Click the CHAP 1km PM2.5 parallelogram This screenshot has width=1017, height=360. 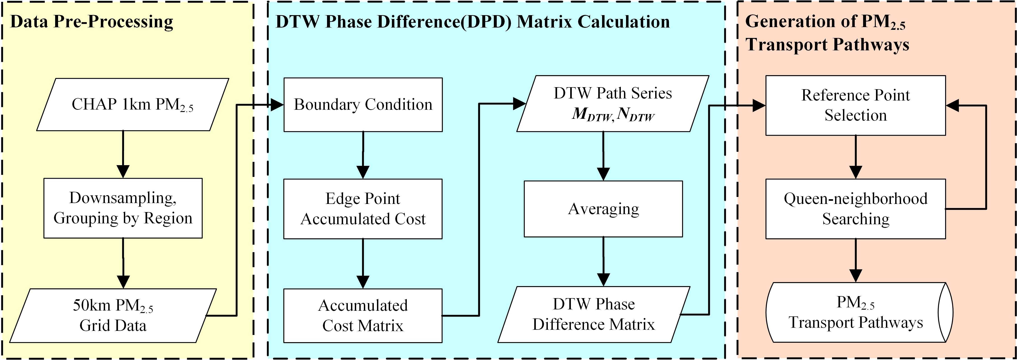[133, 105]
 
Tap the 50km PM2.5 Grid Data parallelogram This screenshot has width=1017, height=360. [113, 315]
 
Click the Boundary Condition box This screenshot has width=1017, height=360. [363, 105]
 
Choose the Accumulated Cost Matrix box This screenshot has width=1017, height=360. [363, 315]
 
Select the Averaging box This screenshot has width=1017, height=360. [603, 209]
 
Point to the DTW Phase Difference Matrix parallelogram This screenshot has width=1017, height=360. [594, 314]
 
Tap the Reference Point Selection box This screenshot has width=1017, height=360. [856, 105]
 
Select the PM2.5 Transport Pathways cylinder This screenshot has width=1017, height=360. [856, 312]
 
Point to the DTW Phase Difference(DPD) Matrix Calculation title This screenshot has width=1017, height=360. [473, 22]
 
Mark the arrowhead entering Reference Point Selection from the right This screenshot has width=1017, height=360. [952, 105]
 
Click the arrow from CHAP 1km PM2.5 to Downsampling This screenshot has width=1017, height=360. [123, 154]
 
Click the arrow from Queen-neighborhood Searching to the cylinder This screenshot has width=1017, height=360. [856, 261]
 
